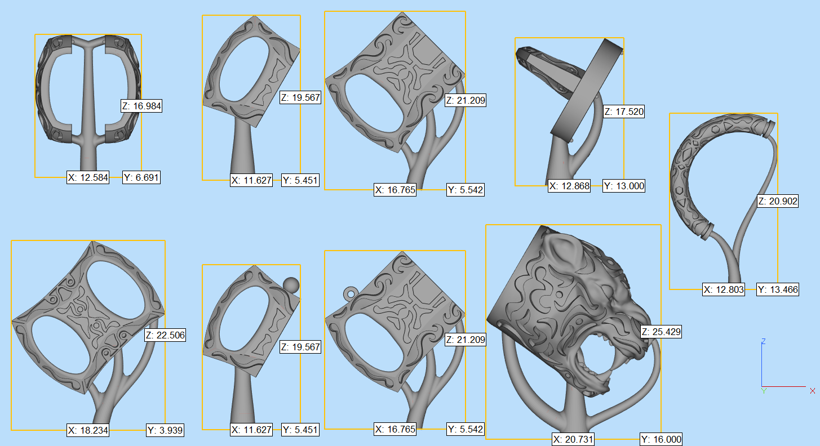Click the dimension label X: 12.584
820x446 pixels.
88,177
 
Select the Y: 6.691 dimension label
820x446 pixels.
141,177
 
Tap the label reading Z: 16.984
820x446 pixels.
141,106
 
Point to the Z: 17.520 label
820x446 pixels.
624,111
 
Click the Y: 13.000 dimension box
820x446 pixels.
624,186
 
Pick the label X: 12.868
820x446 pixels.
569,186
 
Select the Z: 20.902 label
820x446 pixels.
778,201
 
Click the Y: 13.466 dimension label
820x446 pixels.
778,289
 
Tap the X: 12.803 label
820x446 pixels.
724,289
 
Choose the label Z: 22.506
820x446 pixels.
165,335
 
